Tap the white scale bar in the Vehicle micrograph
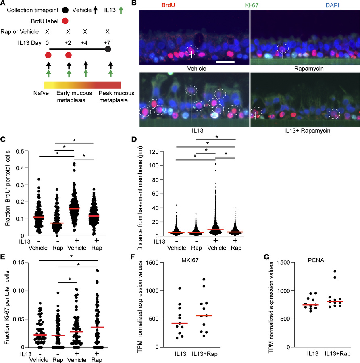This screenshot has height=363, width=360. tap(225, 62)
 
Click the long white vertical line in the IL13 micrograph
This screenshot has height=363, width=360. tap(191, 105)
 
